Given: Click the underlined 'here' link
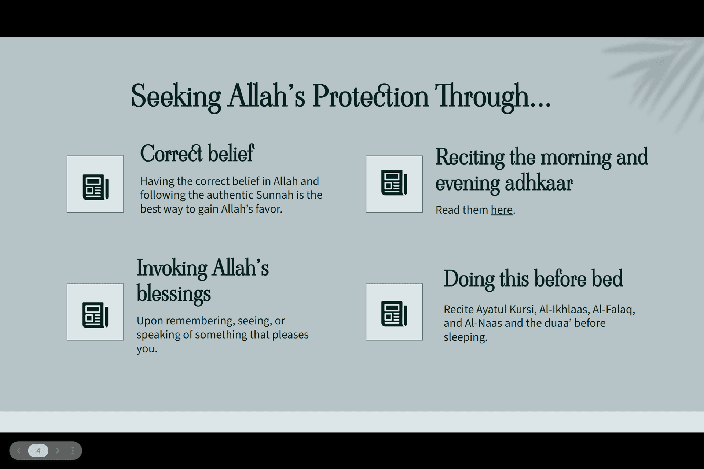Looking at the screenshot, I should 501,210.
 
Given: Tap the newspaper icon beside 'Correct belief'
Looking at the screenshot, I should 95,184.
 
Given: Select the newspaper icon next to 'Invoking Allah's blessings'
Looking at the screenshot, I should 95,312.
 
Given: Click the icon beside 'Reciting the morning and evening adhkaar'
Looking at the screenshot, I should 394,184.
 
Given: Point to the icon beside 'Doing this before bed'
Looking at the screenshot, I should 394,312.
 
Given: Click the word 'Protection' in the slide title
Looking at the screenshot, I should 370,96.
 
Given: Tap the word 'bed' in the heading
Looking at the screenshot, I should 607,279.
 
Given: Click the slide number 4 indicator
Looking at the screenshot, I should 38,451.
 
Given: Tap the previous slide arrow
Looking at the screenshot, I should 19,451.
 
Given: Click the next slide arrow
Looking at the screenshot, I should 58,451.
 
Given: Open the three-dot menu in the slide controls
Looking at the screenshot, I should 73,451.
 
